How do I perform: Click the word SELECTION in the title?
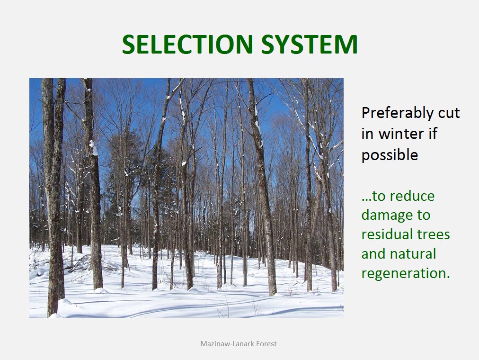[187, 44]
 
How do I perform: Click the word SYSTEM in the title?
[310, 44]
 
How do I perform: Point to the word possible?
[390, 154]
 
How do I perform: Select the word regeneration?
[406, 273]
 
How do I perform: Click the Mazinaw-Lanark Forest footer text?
[238, 344]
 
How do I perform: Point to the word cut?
[449, 113]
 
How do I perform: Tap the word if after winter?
[433, 133]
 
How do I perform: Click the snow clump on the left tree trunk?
[94, 148]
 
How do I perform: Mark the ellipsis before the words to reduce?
[366, 200]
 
